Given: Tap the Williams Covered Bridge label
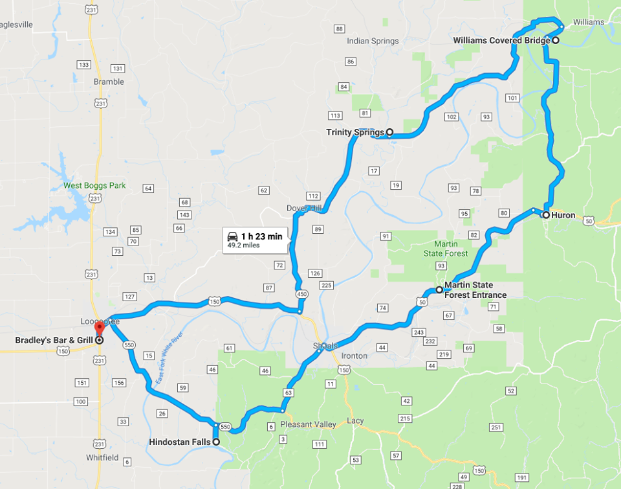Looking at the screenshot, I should click(x=501, y=40).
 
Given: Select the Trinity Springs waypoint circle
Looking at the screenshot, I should click(x=389, y=132).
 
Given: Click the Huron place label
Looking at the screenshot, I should click(x=563, y=215).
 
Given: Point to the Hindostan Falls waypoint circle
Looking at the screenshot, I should click(x=216, y=442).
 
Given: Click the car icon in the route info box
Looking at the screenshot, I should click(x=232, y=236).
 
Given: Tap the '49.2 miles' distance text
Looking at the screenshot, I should click(x=243, y=246).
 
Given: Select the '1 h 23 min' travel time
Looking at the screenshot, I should click(x=261, y=236).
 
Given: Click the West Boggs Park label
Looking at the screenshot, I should click(x=94, y=186).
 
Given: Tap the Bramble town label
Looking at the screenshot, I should click(x=109, y=82).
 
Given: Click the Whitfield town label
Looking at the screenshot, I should click(x=103, y=457).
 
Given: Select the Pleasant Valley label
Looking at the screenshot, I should click(x=309, y=425).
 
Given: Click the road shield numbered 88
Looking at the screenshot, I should click(x=339, y=29).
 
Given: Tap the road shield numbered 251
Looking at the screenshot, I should click(x=496, y=427).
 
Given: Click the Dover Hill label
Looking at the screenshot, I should click(x=304, y=208).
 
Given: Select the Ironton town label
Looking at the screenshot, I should click(x=354, y=356).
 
